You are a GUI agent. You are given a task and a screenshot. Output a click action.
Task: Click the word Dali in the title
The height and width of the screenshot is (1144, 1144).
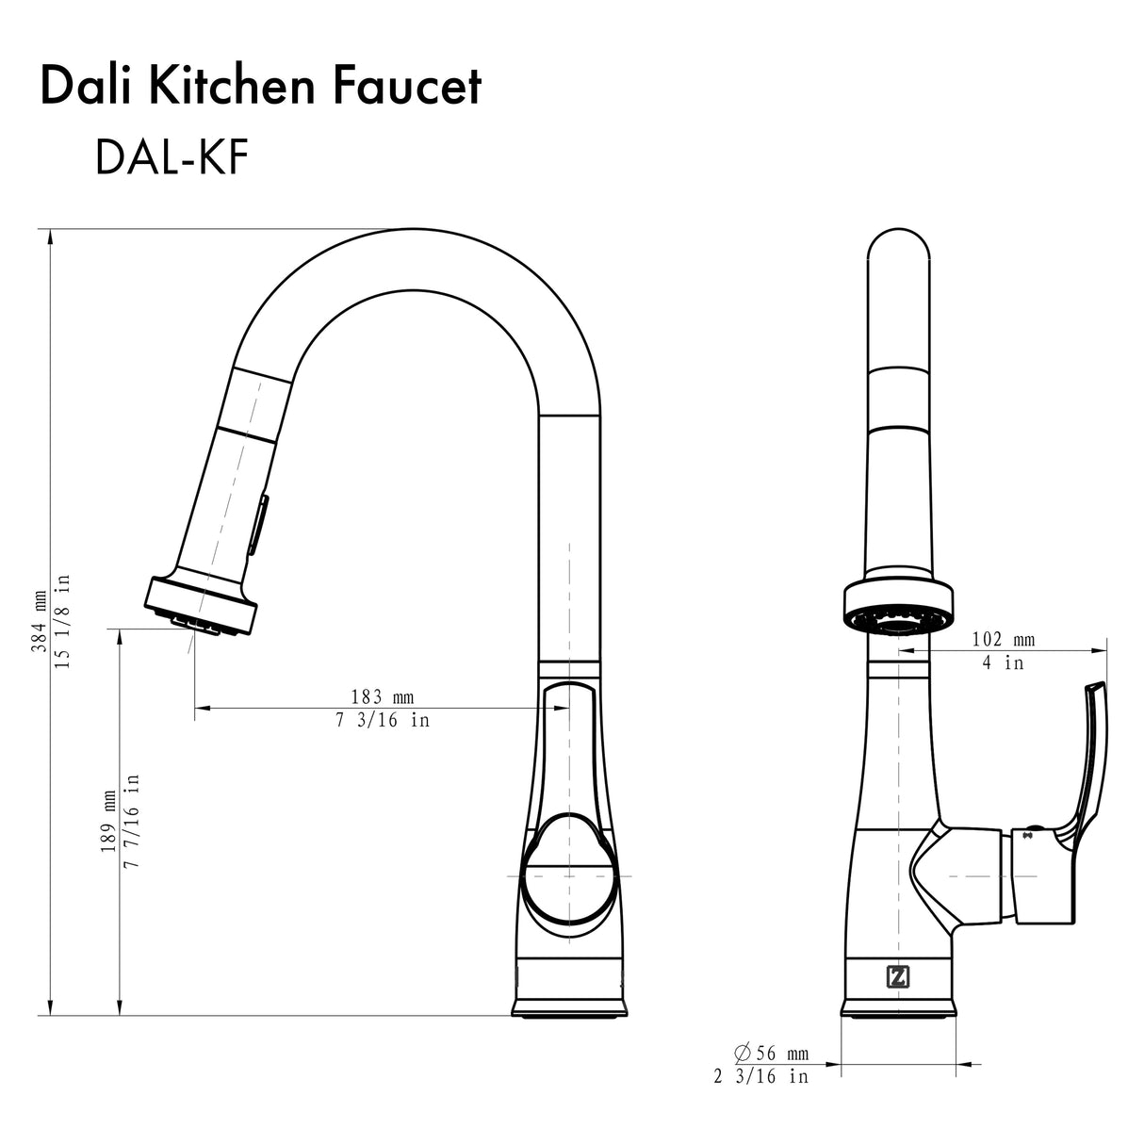coord(87,87)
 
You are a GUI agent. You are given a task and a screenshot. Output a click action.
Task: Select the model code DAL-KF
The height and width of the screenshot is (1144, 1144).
coord(171,158)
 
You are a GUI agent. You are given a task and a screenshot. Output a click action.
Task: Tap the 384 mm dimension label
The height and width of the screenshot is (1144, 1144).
coord(40,622)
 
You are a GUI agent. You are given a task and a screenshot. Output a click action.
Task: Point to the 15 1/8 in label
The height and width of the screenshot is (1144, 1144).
coord(64,622)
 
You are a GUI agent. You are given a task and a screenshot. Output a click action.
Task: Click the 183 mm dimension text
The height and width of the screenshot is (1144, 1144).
coord(382,697)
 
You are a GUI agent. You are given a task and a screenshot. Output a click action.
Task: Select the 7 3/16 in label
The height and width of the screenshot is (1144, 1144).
coord(382,721)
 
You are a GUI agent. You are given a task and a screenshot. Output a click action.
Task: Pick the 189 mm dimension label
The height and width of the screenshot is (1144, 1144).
coord(107,820)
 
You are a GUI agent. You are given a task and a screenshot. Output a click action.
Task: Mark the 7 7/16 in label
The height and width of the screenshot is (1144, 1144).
coord(133,820)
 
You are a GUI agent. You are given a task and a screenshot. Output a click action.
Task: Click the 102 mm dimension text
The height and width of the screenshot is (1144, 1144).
coord(1003,640)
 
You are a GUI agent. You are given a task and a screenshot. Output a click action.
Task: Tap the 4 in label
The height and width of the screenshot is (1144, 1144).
coord(1003,662)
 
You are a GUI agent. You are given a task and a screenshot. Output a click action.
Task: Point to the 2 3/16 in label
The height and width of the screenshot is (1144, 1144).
coord(760,1076)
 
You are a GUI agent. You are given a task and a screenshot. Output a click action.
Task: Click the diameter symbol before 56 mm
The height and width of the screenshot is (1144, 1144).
coord(741,1053)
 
